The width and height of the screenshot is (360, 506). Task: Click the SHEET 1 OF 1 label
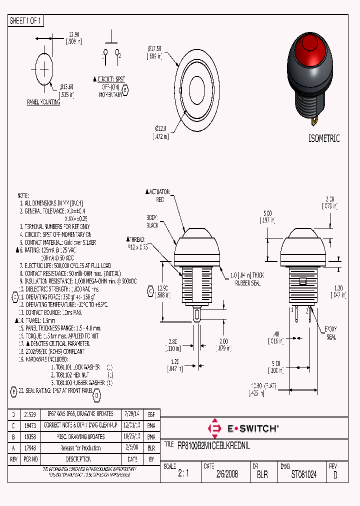tap(26, 20)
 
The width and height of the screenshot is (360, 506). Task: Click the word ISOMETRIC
tap(323, 138)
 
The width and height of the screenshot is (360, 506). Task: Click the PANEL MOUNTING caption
tap(43, 102)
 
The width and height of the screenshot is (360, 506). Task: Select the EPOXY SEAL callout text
tap(331, 332)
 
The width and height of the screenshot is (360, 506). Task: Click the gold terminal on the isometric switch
tap(314, 120)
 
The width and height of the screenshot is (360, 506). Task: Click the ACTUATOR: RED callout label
tap(159, 195)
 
